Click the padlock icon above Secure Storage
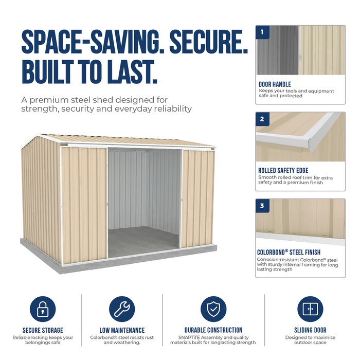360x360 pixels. tap(43, 309)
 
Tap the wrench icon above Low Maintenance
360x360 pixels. tap(122, 309)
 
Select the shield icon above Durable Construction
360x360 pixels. tap(213, 309)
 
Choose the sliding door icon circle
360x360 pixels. tap(310, 309)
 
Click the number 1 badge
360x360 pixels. tap(262, 32)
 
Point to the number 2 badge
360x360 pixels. tap(262, 119)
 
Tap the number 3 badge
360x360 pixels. tap(262, 206)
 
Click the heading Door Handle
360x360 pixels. tap(275, 84)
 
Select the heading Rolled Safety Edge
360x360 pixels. tap(283, 170)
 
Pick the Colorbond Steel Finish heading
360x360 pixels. tap(289, 252)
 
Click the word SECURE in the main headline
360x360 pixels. tap(208, 42)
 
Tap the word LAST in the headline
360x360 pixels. tap(132, 71)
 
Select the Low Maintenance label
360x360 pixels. tap(122, 330)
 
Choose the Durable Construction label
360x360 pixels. tap(213, 330)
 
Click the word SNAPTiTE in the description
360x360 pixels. tap(189, 337)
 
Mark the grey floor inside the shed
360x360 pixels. tap(143, 241)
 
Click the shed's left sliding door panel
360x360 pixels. tap(84, 205)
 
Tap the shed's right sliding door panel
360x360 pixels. tap(198, 199)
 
